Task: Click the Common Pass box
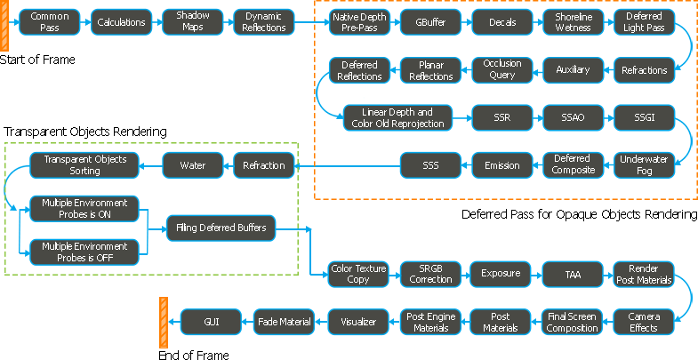[x=50, y=22]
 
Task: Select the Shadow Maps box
[x=192, y=22]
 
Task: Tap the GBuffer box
[x=430, y=22]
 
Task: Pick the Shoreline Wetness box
[x=573, y=22]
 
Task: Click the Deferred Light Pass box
[x=644, y=22]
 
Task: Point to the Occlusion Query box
[x=502, y=69]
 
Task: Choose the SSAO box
[x=573, y=117]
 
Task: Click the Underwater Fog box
[x=644, y=164]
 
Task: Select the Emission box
[x=501, y=164]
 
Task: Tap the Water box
[x=192, y=164]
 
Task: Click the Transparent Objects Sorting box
[x=85, y=164]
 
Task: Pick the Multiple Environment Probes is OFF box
[x=85, y=252]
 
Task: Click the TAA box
[x=573, y=274]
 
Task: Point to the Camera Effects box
[x=644, y=322]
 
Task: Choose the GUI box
[x=211, y=321]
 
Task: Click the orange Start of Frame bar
[x=6, y=24]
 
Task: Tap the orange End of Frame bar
[x=163, y=323]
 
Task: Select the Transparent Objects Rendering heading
[x=85, y=132]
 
